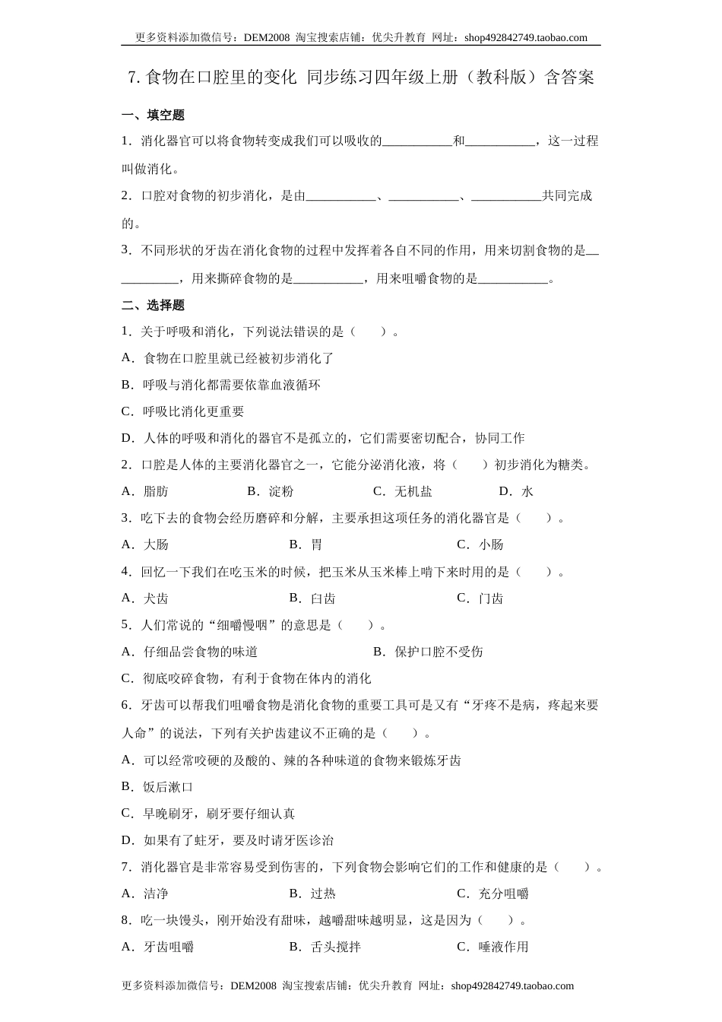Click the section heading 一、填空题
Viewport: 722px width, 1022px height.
153,116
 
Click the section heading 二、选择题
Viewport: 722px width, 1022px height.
153,306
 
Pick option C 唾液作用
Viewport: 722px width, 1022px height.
492,947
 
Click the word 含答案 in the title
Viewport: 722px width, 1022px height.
570,77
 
